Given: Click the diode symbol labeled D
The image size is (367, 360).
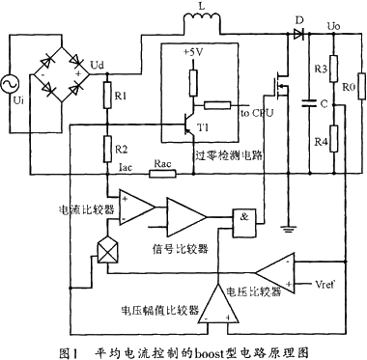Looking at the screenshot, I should pos(297,32).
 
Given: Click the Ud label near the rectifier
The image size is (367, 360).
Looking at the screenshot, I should pos(97,64).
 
